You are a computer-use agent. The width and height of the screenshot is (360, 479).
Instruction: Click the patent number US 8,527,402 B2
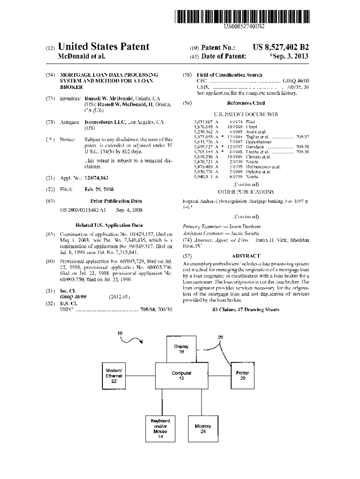click(281, 47)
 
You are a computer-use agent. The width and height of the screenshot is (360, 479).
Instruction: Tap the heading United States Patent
click(104, 47)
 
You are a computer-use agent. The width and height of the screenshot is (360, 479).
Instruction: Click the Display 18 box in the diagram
click(181, 349)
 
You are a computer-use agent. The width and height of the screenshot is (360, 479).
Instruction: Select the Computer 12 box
click(181, 376)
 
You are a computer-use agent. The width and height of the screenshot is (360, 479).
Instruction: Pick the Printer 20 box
click(242, 376)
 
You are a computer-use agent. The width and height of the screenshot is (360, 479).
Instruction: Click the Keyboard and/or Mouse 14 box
click(160, 428)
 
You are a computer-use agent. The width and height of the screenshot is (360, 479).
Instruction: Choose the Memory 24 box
click(202, 428)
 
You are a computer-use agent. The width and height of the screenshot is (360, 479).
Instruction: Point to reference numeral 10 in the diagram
click(120, 333)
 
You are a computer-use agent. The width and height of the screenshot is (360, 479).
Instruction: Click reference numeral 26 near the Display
click(220, 337)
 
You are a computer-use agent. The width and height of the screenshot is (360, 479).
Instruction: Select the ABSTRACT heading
click(245, 256)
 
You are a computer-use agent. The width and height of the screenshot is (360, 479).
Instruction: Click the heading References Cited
click(245, 103)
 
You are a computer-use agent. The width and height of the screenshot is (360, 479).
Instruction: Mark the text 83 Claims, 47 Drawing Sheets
click(245, 310)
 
